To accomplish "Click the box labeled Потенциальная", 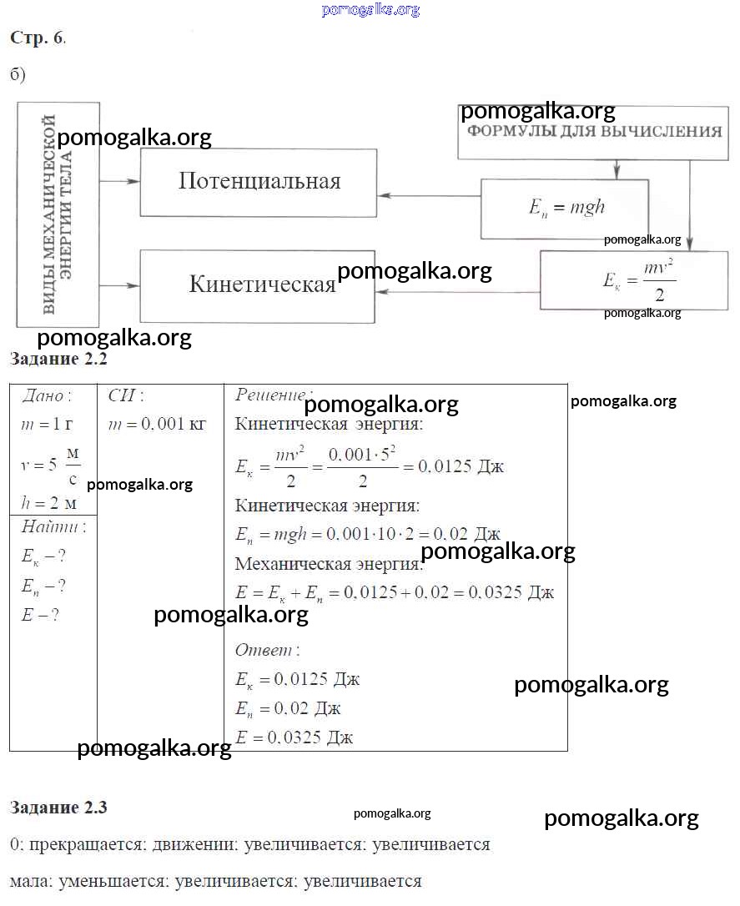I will (x=259, y=183).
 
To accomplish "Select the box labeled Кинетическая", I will (x=259, y=285).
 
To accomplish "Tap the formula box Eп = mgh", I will (x=566, y=208).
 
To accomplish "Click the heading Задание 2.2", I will (x=58, y=360).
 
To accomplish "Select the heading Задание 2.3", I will (x=58, y=808).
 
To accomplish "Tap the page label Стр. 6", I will (x=38, y=38).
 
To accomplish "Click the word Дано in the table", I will (x=47, y=395).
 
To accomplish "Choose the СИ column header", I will (x=126, y=395).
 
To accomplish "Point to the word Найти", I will (x=53, y=527).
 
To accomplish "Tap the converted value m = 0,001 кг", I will (x=158, y=424).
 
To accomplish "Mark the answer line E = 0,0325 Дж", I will (x=294, y=737).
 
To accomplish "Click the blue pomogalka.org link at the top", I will (x=370, y=10).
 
